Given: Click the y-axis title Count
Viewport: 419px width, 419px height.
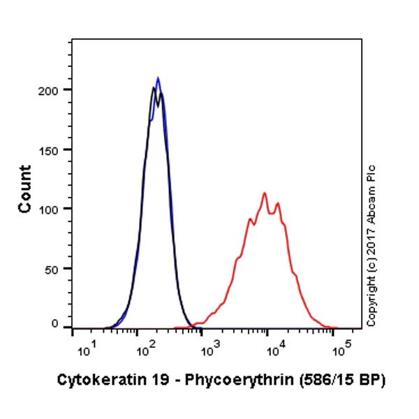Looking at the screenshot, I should click(x=25, y=189).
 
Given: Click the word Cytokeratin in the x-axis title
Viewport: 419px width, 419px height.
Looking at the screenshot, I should click(x=93, y=381).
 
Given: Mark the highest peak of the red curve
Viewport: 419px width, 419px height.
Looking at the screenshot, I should click(x=265, y=193).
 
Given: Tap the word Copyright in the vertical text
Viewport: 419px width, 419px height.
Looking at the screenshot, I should click(x=372, y=304).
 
